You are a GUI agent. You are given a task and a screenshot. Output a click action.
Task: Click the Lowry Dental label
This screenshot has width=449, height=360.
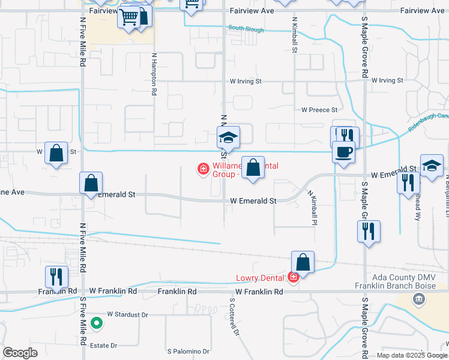(x=261, y=277)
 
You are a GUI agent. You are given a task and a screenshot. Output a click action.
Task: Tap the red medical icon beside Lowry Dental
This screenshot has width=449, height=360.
(x=293, y=277)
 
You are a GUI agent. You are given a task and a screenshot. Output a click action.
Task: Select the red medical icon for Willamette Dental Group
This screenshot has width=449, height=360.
(x=203, y=170)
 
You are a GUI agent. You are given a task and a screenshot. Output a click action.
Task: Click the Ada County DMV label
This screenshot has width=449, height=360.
(x=402, y=278)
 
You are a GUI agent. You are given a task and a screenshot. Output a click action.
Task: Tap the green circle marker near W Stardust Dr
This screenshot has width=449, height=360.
(x=96, y=324)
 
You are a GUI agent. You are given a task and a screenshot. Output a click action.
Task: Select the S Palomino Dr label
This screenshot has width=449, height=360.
(x=188, y=351)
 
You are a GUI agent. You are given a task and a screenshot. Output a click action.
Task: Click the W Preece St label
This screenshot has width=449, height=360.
(x=319, y=110)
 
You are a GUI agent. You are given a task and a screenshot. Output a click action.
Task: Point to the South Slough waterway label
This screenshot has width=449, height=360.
(x=245, y=28)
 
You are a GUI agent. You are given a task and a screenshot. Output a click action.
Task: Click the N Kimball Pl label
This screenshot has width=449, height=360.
(x=312, y=208)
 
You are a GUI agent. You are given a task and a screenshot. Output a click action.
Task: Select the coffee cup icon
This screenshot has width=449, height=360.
(x=343, y=152)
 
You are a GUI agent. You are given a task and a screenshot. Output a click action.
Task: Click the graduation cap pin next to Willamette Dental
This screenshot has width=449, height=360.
(x=228, y=137)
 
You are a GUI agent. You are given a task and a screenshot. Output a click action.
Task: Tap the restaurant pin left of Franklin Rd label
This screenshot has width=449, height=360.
(x=56, y=277)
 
